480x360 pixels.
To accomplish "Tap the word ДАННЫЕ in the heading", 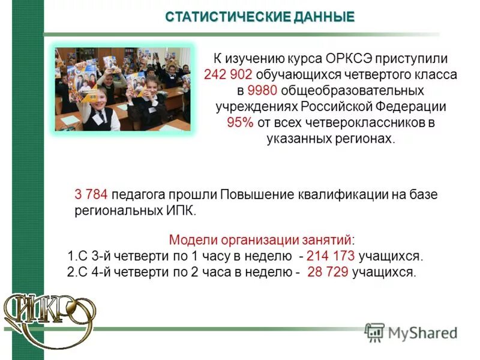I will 324,17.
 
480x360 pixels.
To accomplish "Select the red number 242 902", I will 229,76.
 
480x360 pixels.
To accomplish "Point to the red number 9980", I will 260,91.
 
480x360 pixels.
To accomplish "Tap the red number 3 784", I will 91,196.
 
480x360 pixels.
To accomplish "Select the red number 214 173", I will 331,256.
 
